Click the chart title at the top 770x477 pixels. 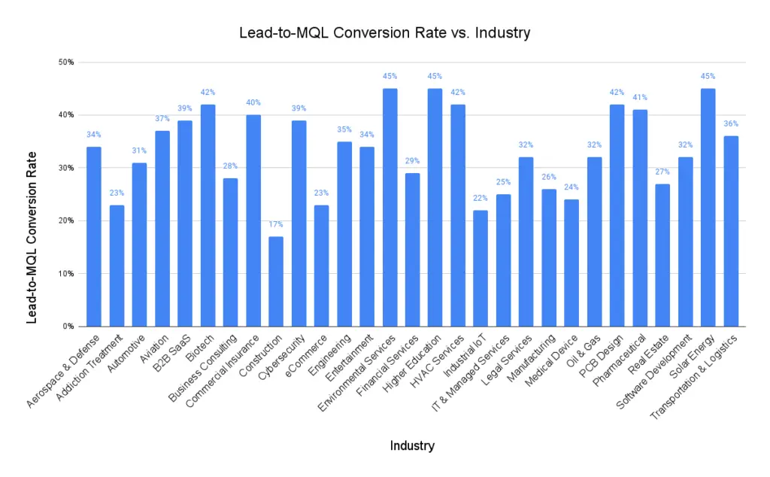384,32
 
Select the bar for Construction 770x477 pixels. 276,281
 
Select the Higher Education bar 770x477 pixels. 435,208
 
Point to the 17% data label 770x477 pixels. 276,224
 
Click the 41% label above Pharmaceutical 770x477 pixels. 640,97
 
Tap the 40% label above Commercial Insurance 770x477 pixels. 253,102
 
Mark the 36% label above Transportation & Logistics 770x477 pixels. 731,123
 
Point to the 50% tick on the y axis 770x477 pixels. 66,62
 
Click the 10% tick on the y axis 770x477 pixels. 66,274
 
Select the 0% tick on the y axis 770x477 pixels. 68,327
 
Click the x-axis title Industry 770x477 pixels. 411,445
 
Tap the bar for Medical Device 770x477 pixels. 571,263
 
